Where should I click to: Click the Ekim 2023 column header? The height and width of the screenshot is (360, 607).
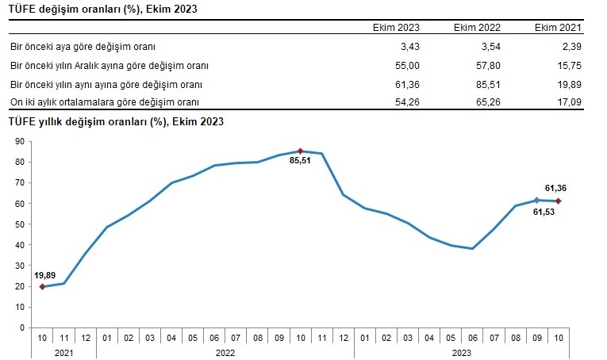[396, 28]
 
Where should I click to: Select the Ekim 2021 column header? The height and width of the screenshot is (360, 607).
[558, 28]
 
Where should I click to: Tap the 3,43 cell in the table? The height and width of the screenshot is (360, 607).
[409, 47]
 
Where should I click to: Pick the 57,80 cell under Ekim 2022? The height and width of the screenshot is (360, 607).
[488, 66]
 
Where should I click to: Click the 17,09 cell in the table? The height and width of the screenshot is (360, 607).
[570, 102]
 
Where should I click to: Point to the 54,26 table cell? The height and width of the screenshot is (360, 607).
[407, 102]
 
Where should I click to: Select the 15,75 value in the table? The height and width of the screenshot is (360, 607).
[570, 66]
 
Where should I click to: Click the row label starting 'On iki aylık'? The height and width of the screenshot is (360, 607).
[105, 102]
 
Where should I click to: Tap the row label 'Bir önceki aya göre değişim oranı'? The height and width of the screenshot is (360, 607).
[83, 47]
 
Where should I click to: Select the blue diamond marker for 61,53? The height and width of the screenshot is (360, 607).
[536, 201]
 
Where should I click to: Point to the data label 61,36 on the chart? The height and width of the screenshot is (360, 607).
[555, 188]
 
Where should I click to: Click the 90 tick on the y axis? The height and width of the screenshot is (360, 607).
[20, 141]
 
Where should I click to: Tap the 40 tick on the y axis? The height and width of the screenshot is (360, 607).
[20, 245]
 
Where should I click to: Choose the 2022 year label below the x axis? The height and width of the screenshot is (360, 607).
[225, 353]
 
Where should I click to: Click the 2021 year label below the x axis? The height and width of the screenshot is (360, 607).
[64, 353]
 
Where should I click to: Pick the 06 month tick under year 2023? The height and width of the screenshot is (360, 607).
[473, 338]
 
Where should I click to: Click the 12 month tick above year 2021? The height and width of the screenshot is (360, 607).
[86, 338]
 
